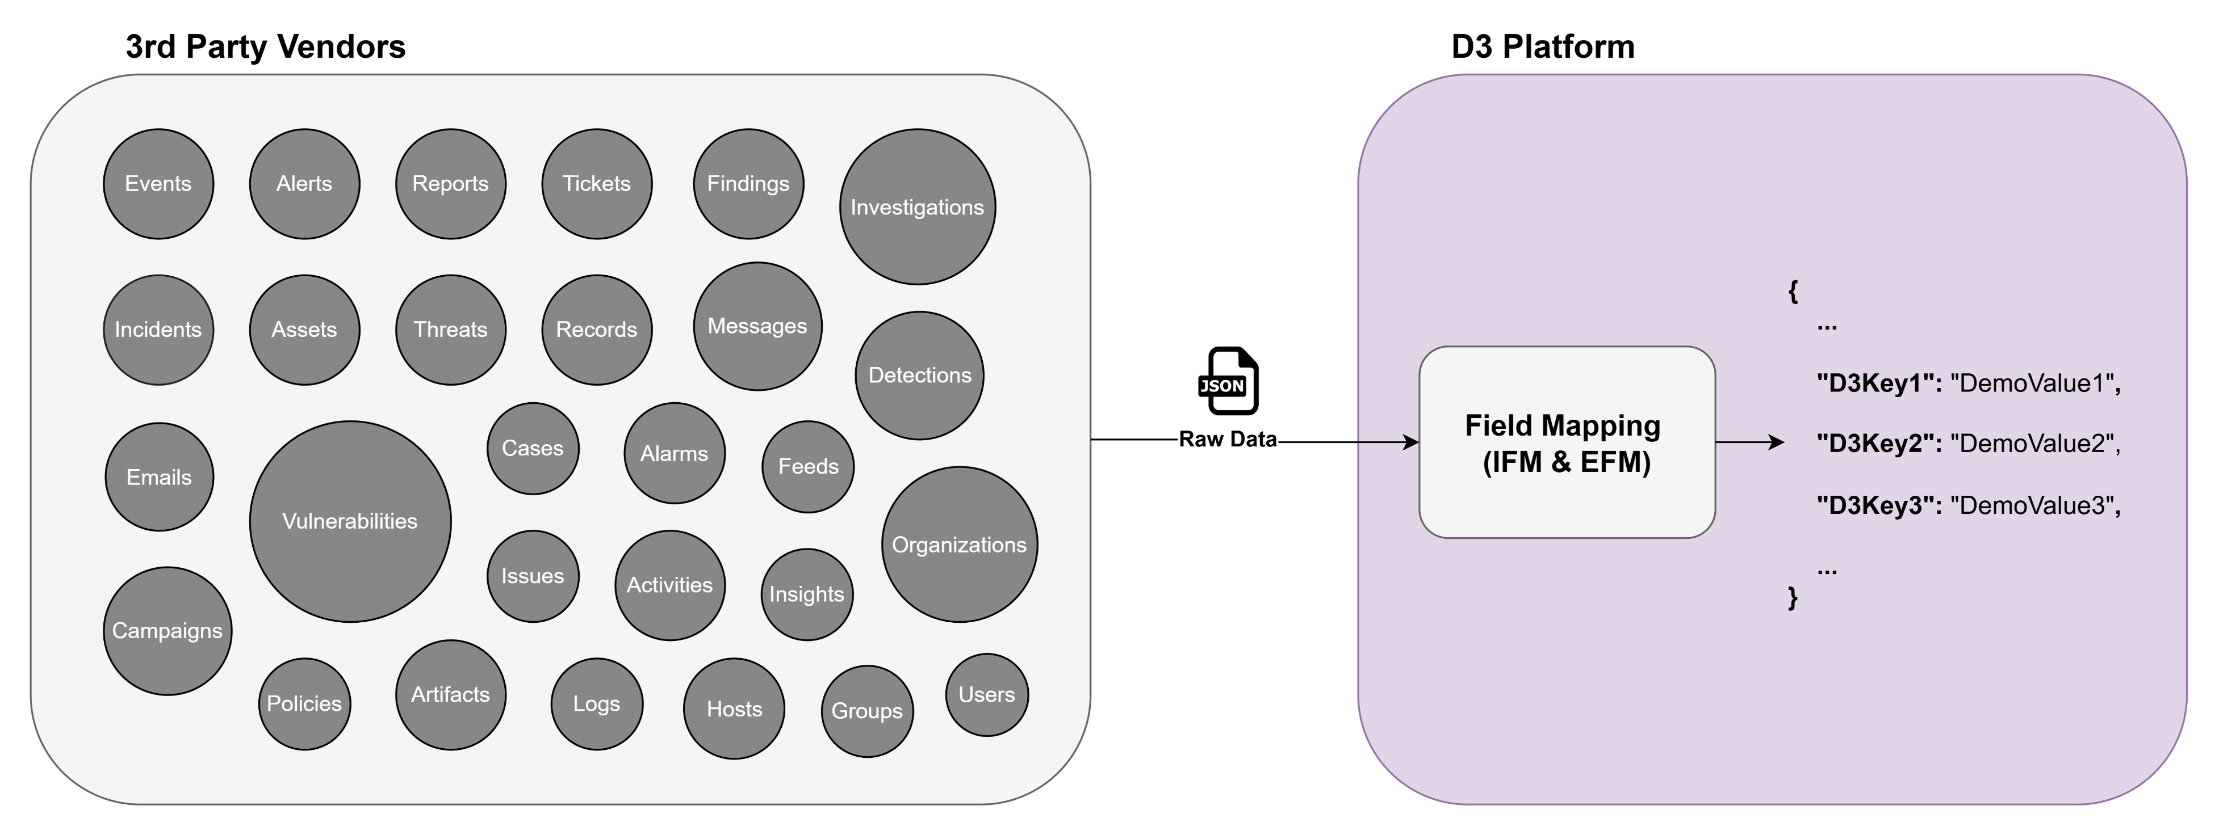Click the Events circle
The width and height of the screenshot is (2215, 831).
point(158,184)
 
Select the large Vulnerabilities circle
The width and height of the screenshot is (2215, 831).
point(350,522)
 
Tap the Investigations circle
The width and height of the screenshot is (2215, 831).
point(918,207)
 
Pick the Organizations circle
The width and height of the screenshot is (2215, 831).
point(960,545)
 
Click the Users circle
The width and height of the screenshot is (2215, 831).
point(987,695)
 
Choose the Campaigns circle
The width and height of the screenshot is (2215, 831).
point(168,631)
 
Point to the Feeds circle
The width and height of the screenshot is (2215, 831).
point(809,467)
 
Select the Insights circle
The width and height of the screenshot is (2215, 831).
point(806,594)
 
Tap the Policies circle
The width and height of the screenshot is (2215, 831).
point(304,704)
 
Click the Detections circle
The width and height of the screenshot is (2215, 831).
point(920,376)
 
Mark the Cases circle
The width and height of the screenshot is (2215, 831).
point(533,449)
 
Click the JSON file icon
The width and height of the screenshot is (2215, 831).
point(1228,381)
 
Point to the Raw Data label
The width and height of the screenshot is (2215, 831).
point(1228,439)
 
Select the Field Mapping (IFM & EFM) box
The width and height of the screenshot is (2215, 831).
point(1567,442)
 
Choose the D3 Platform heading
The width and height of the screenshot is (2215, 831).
point(1543,47)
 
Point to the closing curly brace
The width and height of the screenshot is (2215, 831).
point(1793,597)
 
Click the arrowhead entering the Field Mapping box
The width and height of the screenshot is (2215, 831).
point(1411,442)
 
